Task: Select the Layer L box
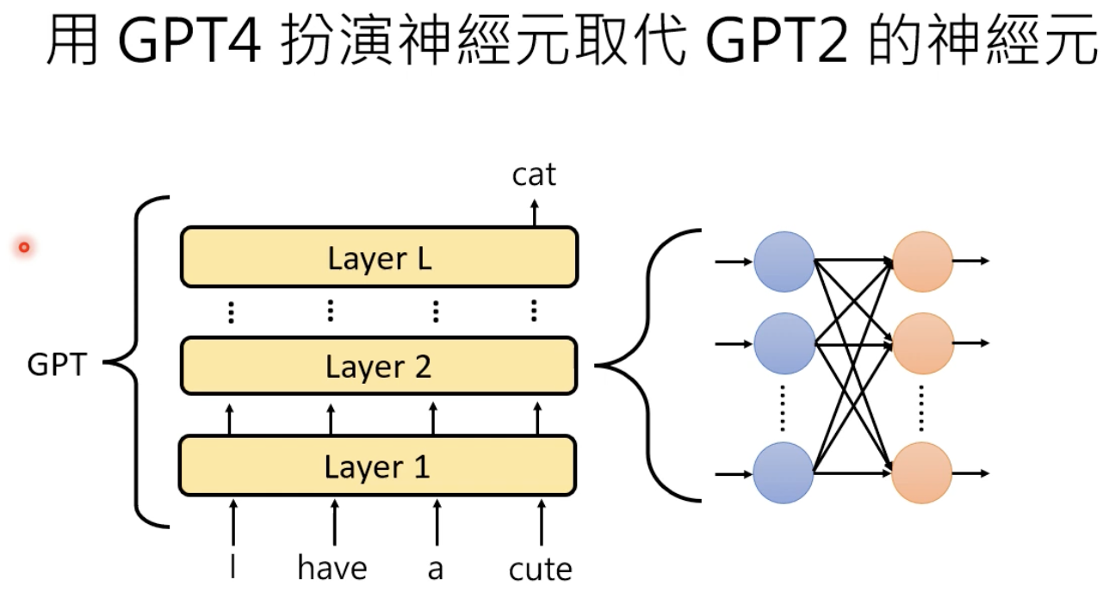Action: tap(379, 257)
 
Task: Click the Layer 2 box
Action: tap(379, 367)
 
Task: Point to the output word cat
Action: tap(534, 176)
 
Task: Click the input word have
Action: tap(332, 569)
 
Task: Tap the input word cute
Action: tap(540, 569)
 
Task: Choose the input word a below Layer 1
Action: tap(435, 569)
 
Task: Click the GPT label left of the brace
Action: tap(58, 366)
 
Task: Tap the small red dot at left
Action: tap(24, 248)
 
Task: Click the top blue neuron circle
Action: tap(784, 261)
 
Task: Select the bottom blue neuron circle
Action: tap(784, 473)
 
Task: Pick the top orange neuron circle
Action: tap(922, 261)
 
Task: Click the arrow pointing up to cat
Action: tap(534, 212)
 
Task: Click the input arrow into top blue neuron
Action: tap(734, 261)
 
